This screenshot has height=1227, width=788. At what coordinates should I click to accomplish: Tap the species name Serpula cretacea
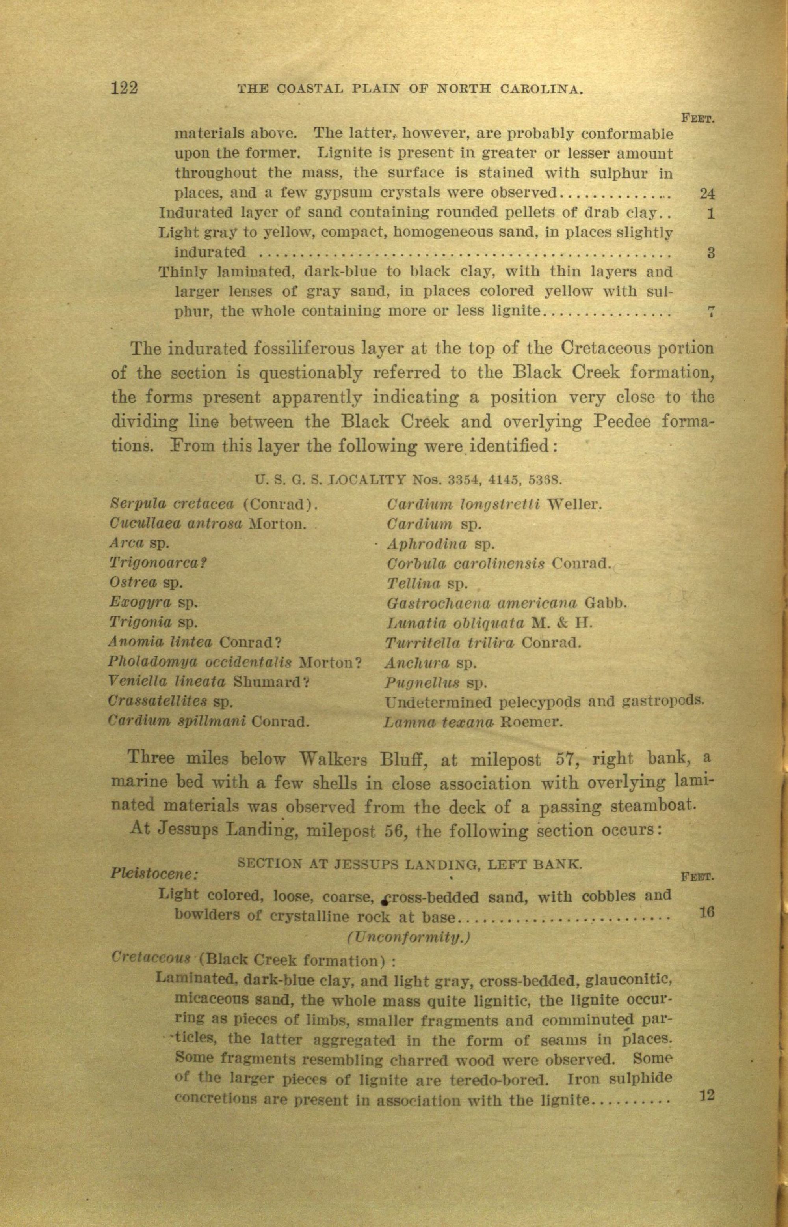[x=173, y=504]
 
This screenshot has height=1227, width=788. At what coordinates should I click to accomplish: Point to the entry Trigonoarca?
[x=158, y=562]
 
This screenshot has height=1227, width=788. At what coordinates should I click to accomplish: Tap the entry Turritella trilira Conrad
[x=483, y=643]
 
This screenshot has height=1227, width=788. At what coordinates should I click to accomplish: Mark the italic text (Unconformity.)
[x=408, y=937]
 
